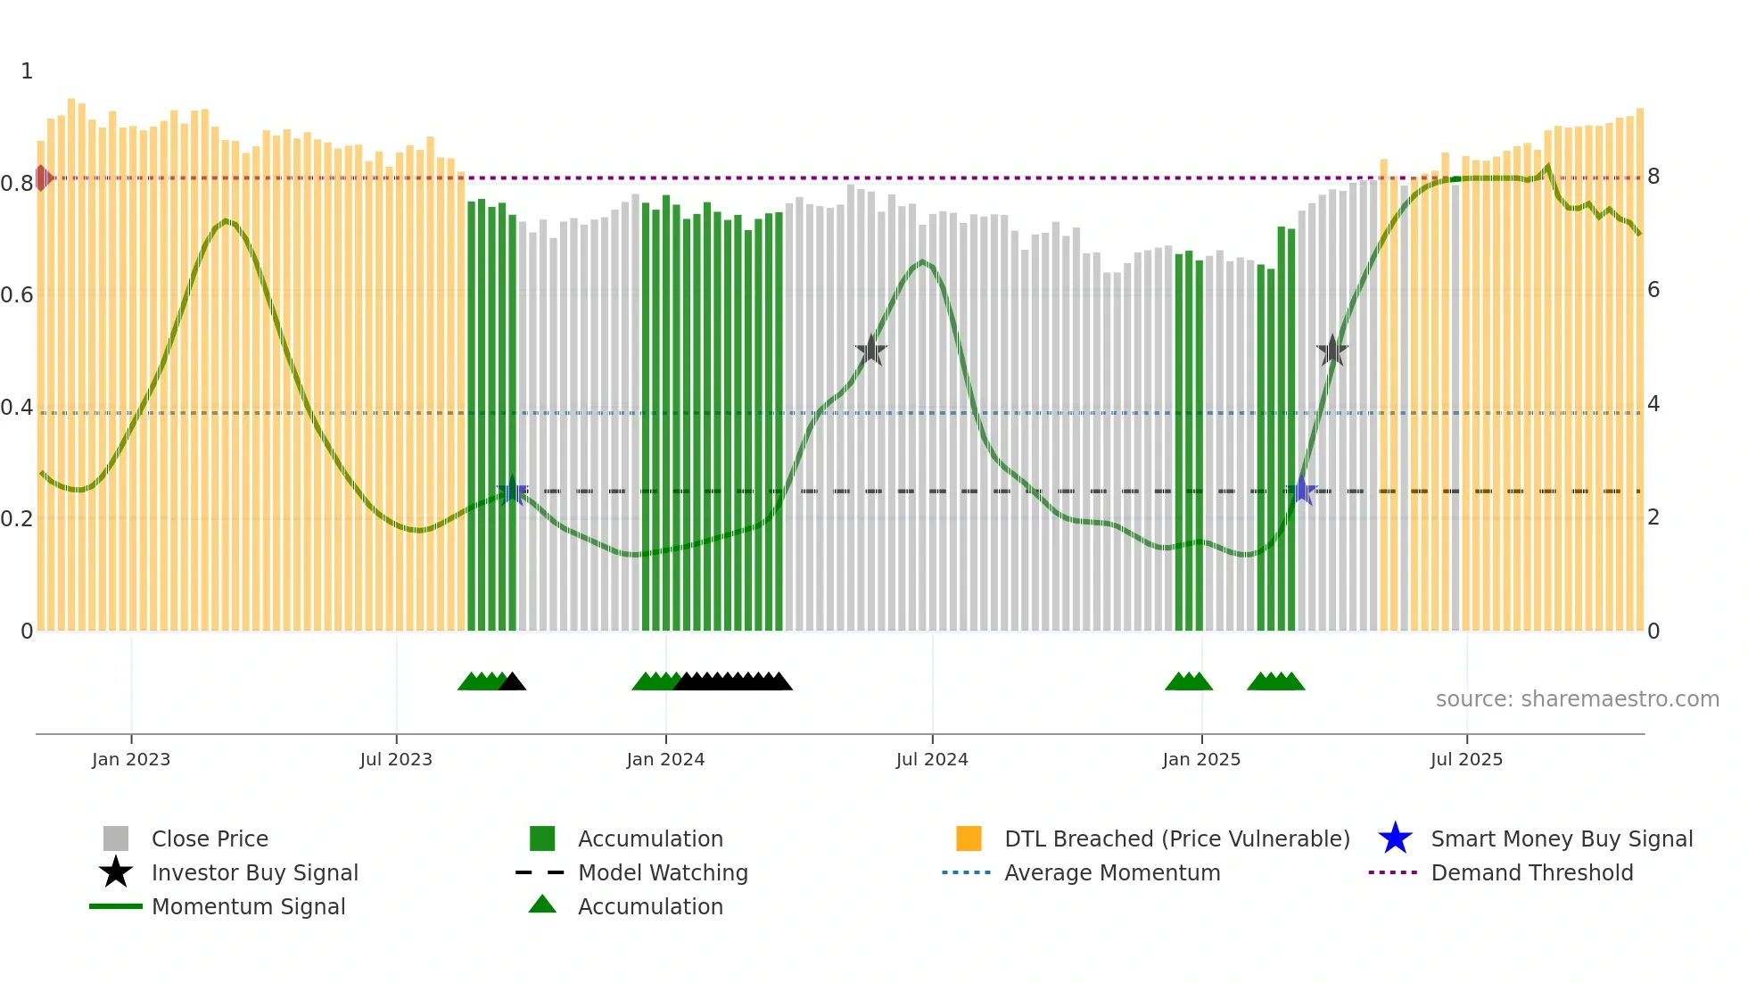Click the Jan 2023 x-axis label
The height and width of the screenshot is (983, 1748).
coord(131,759)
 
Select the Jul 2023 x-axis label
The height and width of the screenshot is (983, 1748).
coord(396,759)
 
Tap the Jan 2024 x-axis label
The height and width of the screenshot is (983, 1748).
coord(665,759)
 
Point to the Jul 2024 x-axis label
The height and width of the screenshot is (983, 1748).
coord(932,759)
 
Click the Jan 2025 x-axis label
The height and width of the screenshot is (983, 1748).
coord(1201,759)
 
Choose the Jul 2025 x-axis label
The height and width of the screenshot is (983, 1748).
coord(1466,759)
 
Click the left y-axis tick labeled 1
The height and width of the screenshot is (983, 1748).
coord(27,71)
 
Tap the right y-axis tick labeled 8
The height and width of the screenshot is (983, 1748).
coord(1653,177)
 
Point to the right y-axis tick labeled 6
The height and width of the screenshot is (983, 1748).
coord(1653,290)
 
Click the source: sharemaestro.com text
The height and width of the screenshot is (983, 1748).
coord(1577,699)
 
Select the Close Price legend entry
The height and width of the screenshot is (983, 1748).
coord(210,838)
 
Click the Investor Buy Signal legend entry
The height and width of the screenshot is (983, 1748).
coord(254,872)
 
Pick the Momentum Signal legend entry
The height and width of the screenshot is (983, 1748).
coord(248,906)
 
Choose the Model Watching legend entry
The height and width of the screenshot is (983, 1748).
coord(663,872)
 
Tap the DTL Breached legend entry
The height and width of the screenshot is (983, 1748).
coord(1176,838)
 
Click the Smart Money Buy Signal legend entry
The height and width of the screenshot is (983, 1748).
coord(1561,838)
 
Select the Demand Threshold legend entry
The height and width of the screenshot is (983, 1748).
coord(1531,872)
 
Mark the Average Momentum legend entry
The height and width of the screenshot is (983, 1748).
coord(1112,872)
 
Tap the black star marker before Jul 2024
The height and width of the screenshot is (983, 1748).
coord(871,351)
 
